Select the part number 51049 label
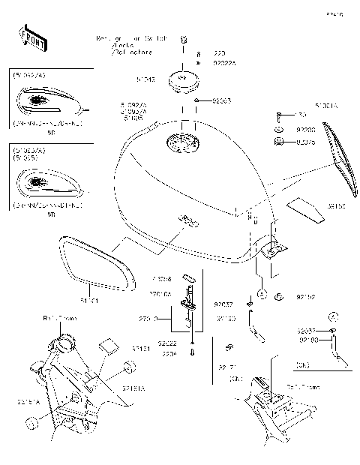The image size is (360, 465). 145,78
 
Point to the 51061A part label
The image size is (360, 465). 326,106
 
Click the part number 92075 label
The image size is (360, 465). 306,140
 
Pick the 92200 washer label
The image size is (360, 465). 305,128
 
